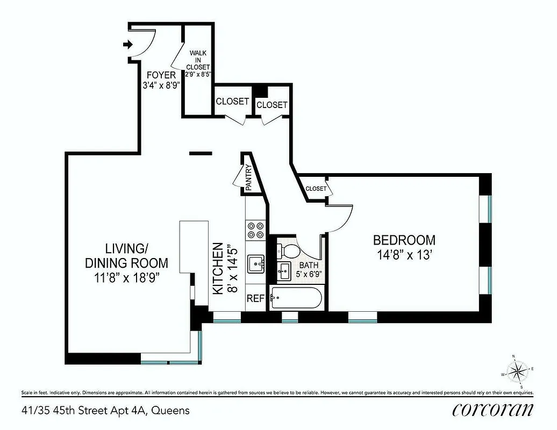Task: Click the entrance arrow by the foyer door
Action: [127, 45]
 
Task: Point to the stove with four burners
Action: [255, 231]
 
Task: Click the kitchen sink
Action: [255, 264]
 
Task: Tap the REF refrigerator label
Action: [255, 298]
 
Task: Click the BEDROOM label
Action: [404, 240]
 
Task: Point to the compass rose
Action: [519, 371]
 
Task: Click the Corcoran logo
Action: [493, 410]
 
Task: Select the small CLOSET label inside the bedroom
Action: [316, 189]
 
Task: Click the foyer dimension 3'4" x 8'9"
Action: [161, 86]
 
